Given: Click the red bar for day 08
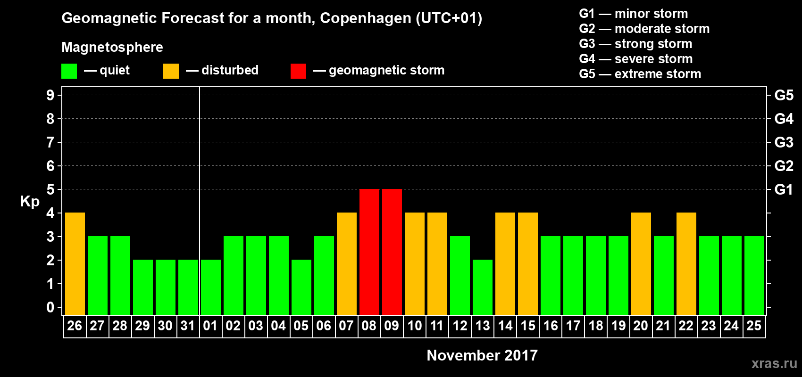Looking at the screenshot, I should coord(369,252).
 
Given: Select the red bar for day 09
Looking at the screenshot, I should coord(392,252).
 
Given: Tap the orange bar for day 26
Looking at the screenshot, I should coord(75,263).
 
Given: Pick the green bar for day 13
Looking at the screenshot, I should coord(483,287).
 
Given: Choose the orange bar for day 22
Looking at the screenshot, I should coord(686,263).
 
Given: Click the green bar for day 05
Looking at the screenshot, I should coord(301,287).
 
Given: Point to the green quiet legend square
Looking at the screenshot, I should coord(69,71).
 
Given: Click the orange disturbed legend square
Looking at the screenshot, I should coord(171,71).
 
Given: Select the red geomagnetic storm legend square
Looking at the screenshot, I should coord(298,71).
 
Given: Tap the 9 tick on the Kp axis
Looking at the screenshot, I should coord(50,95).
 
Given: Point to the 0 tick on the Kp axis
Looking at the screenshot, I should coord(50,307).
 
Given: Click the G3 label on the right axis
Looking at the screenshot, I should coord(784,142).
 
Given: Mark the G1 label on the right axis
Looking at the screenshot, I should coord(784,189).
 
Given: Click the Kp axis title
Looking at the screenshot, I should coord(30,201).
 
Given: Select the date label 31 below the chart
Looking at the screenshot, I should coord(188,326).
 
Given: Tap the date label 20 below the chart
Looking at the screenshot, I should coord(641,326).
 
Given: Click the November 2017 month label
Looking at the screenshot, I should coord(482,355).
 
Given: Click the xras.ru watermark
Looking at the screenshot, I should coord(774,363).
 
